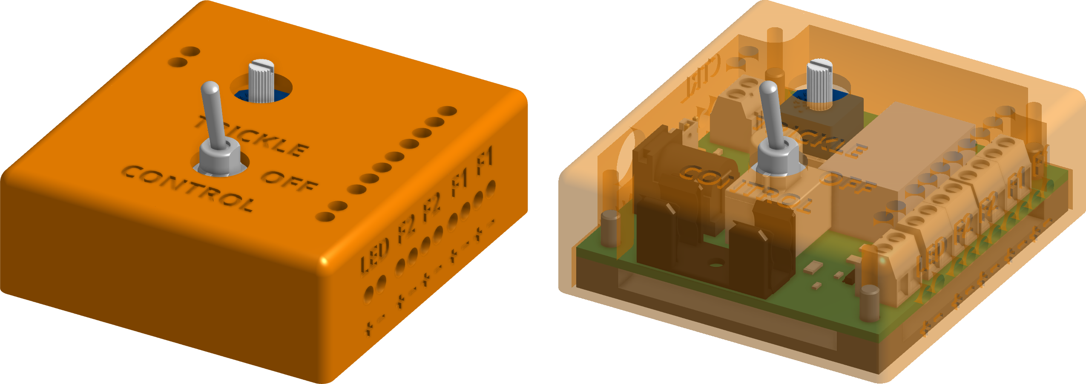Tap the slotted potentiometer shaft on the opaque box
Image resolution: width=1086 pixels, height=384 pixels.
(x=261, y=81)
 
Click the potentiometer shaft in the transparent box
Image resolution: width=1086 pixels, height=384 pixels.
(x=819, y=83)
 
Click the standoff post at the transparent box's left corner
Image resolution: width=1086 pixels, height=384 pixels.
(x=610, y=228)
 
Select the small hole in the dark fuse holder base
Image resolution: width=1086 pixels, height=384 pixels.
(x=717, y=265)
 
